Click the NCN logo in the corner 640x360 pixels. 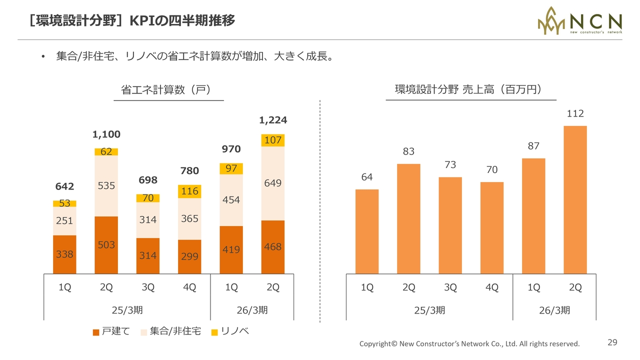tap(579, 20)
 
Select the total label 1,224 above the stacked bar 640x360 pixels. tap(273, 120)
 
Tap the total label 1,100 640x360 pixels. tap(106, 134)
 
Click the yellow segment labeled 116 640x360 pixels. tap(189, 191)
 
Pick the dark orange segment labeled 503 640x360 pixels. tap(106, 245)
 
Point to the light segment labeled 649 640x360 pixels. tap(273, 183)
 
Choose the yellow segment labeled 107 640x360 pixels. tap(273, 140)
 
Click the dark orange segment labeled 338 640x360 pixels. tap(64, 254)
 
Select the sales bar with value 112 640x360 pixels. tap(575, 200)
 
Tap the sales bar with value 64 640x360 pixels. tap(367, 231)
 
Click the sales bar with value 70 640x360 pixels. tap(492, 227)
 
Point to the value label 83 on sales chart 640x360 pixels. tap(408, 151)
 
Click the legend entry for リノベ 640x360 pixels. tap(230, 331)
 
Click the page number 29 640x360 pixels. tap(612, 342)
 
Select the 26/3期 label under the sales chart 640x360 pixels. tap(554, 310)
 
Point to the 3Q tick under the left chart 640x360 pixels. tap(148, 287)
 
